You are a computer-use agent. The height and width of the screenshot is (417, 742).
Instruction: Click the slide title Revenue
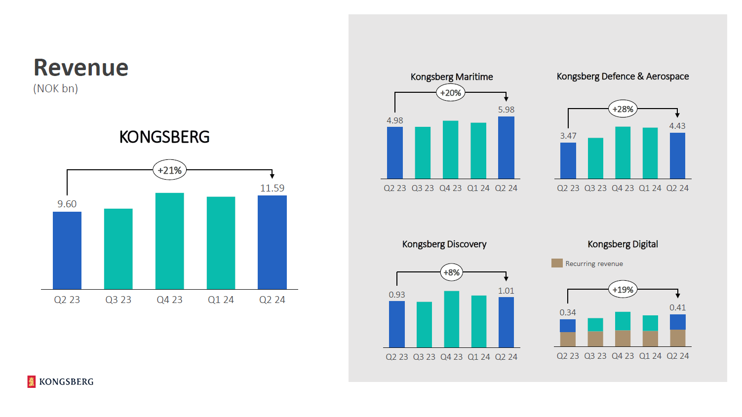(81, 68)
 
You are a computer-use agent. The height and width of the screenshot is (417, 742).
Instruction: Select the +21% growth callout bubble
(169, 170)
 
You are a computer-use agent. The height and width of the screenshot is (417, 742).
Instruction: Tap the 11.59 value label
(272, 188)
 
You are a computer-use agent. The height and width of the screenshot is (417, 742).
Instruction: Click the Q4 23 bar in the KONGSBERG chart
(169, 241)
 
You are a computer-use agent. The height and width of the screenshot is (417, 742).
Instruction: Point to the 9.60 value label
(67, 204)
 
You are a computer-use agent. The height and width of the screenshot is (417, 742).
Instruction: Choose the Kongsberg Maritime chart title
(452, 77)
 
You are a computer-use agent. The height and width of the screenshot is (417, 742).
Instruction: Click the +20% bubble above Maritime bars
(451, 93)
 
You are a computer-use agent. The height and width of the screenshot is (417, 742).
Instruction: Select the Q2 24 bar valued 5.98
(506, 148)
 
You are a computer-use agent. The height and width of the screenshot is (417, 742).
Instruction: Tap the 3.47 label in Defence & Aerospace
(568, 136)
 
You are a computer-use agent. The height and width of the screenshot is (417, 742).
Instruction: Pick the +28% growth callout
(623, 109)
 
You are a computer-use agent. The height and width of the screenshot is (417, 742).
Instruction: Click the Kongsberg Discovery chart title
(444, 244)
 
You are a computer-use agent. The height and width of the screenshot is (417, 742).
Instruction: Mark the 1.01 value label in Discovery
(506, 291)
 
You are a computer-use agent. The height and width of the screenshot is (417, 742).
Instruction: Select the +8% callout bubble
(451, 272)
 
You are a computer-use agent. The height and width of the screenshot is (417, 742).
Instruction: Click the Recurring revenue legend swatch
(557, 263)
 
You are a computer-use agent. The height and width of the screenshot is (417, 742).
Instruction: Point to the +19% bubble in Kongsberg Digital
(623, 290)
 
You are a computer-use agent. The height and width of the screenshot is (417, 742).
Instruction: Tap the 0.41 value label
(677, 307)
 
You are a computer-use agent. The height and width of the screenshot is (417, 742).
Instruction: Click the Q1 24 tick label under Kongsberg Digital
(650, 356)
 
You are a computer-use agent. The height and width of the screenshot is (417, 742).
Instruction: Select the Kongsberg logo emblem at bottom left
(32, 381)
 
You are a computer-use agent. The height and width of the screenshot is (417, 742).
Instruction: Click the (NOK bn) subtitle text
(56, 89)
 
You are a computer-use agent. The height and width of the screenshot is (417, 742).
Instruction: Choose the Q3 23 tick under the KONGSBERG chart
(118, 300)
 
